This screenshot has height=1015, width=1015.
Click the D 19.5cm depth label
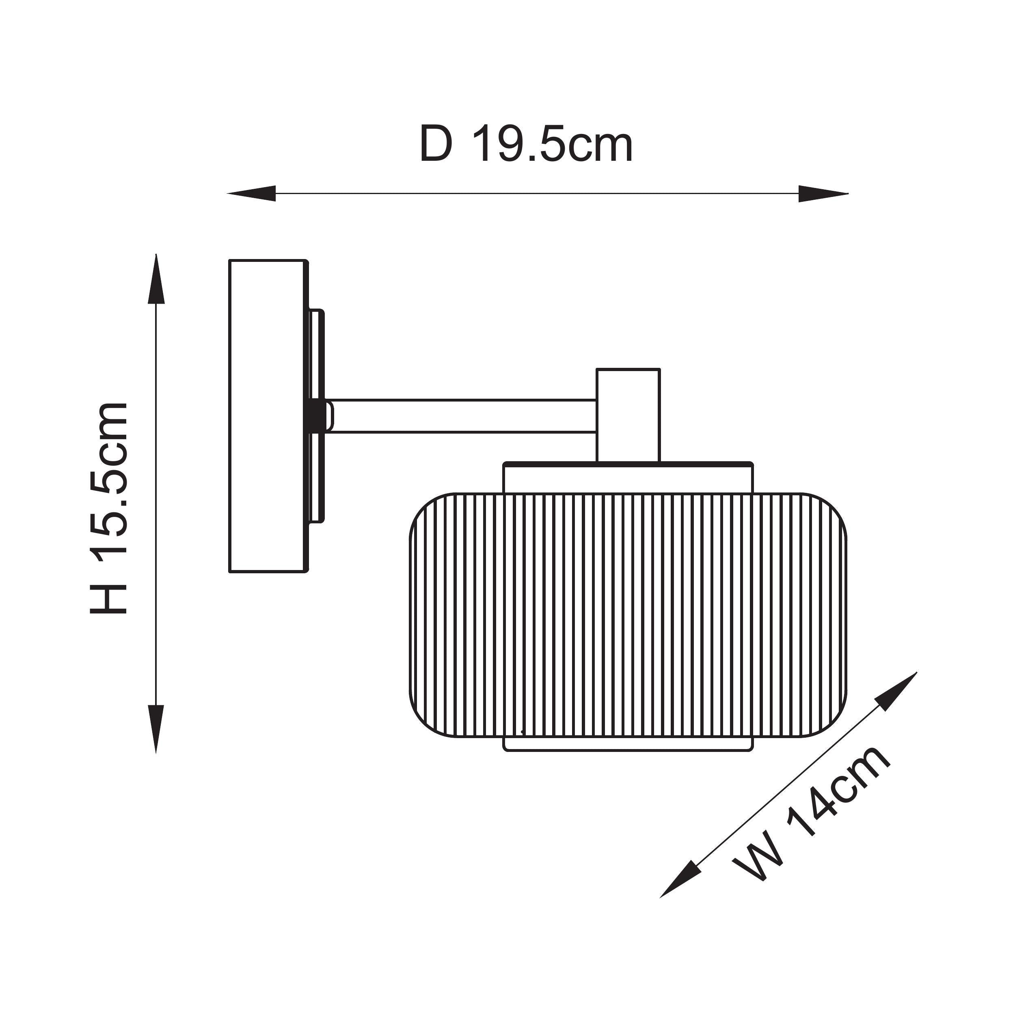526,145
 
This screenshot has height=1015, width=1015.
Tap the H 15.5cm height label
109,508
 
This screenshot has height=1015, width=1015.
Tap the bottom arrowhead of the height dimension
155,728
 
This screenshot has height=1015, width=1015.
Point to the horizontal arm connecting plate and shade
462,416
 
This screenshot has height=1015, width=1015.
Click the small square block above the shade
628,415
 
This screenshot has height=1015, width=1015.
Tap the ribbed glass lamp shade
628,615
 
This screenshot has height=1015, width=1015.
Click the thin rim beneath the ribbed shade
628,744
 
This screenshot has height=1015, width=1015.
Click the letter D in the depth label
436,145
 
